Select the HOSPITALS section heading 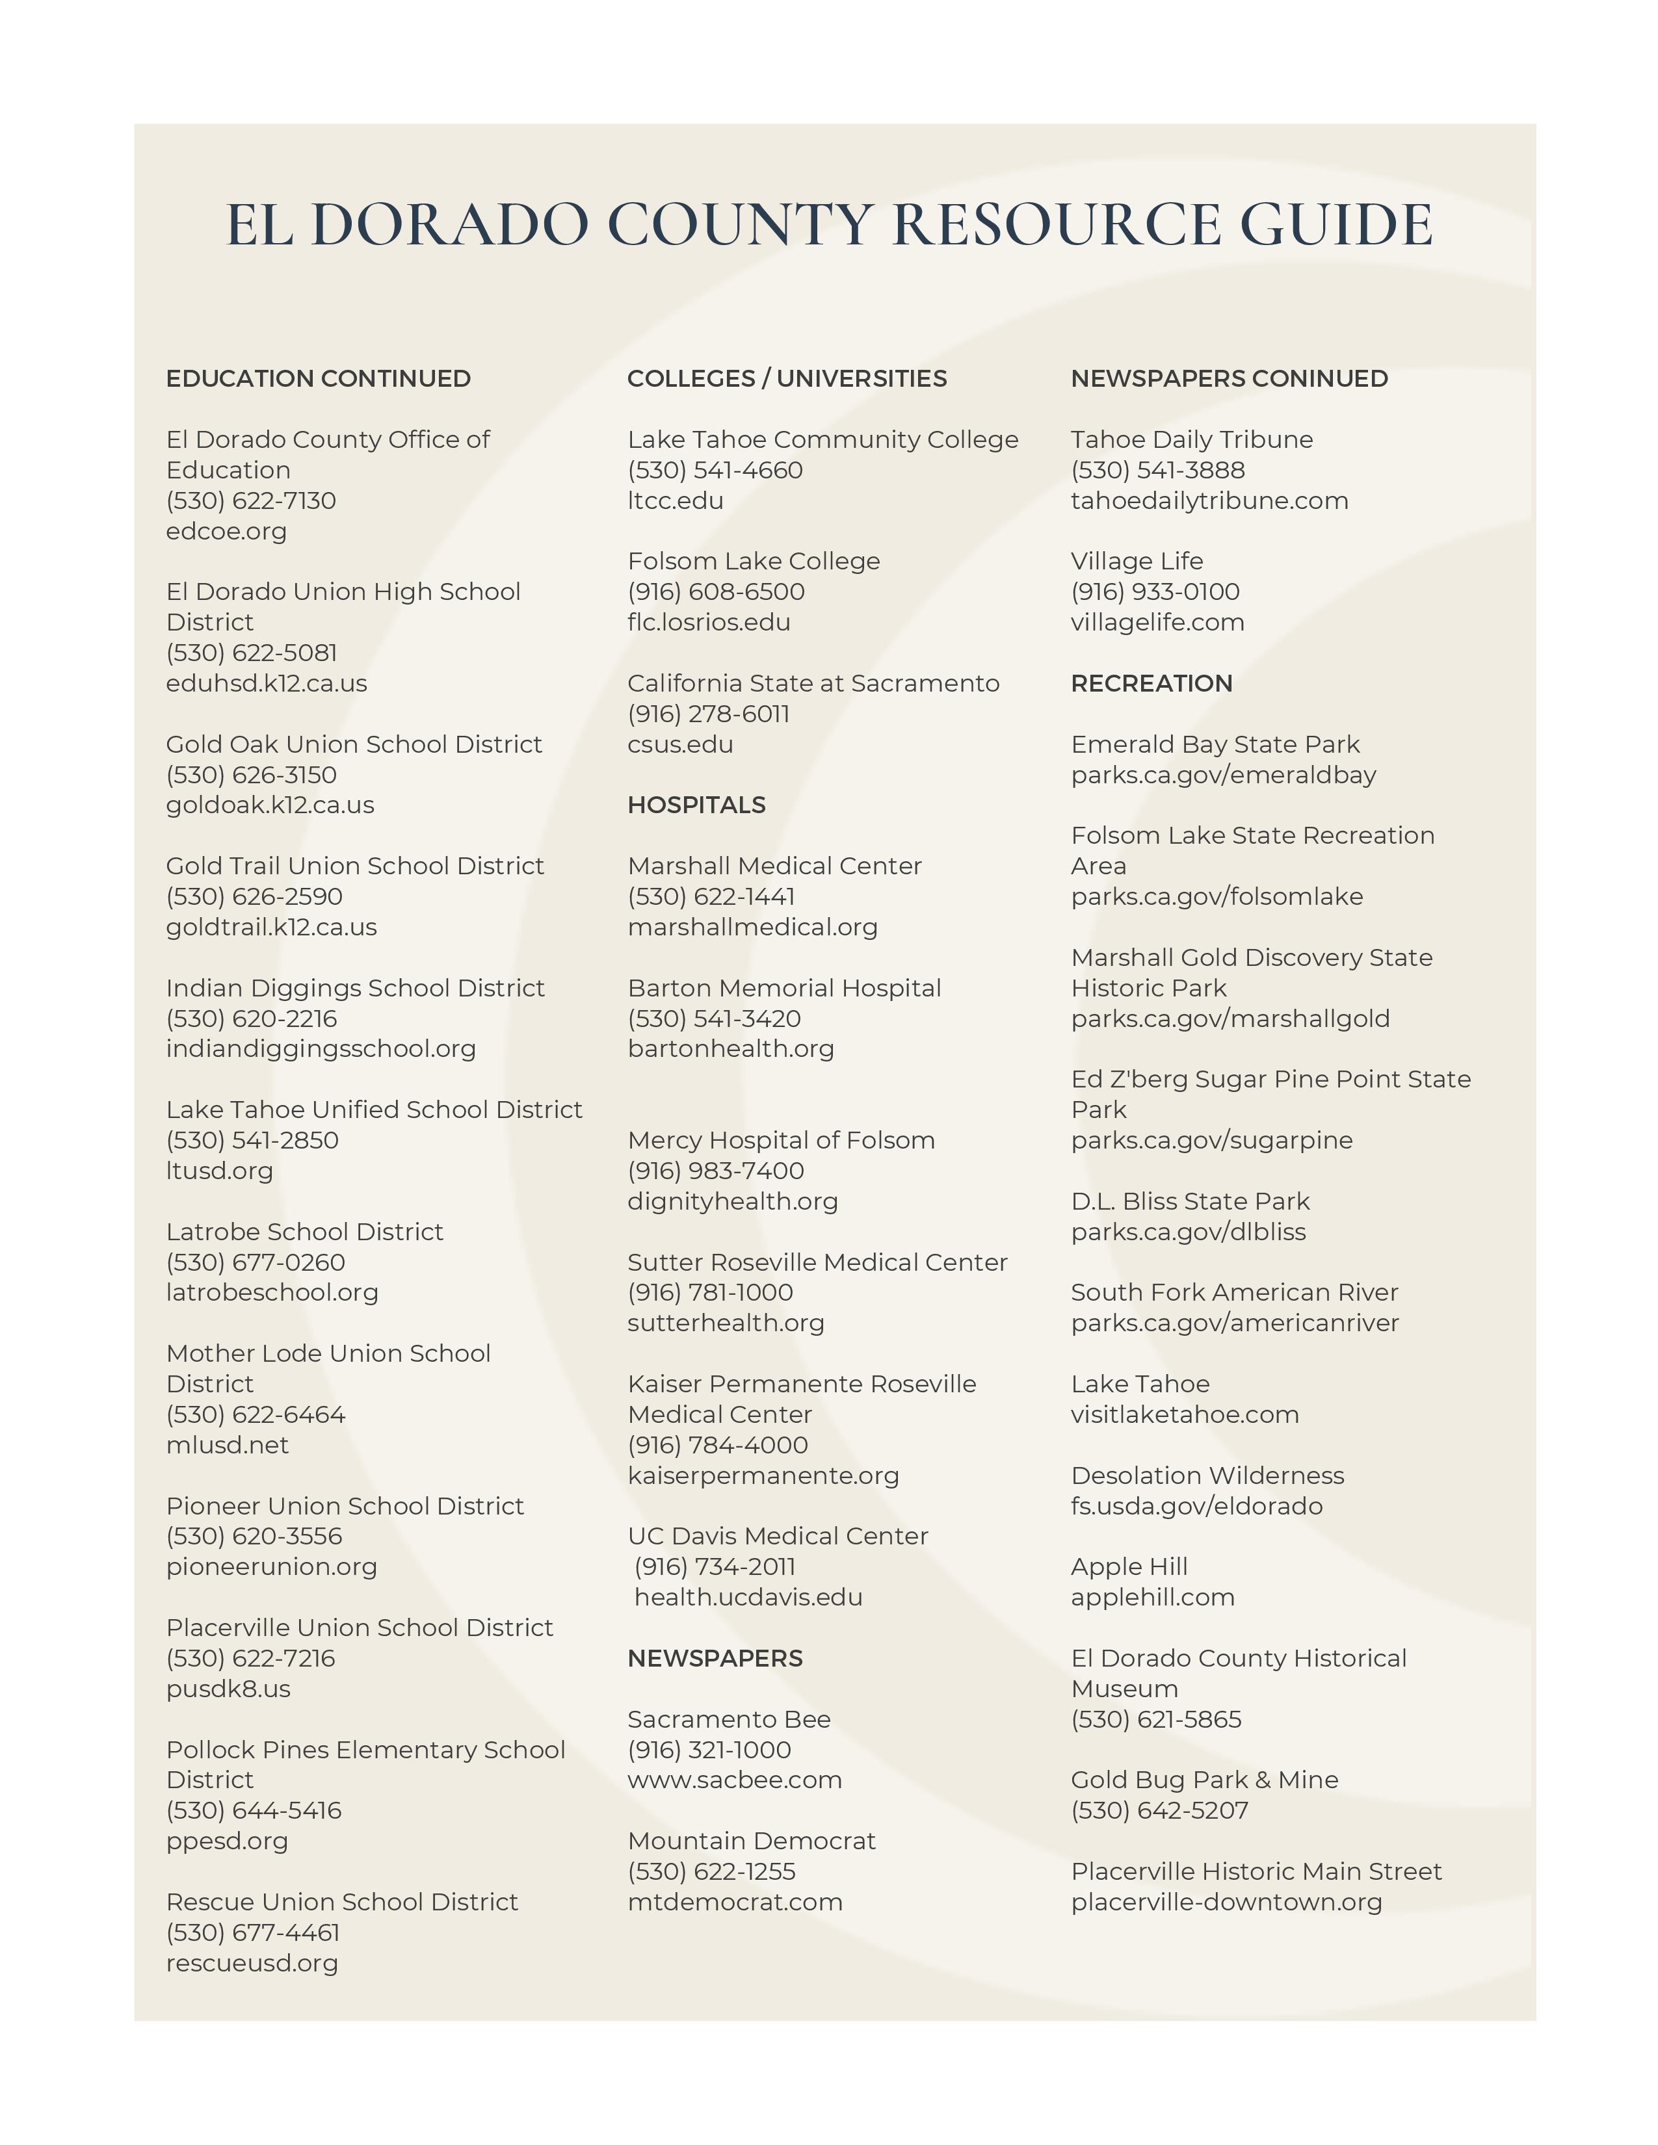696,805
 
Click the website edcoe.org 226,530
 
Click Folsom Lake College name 754,561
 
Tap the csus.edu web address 679,744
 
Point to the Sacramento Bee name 729,1719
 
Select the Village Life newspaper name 1137,561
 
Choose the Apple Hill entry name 1129,1566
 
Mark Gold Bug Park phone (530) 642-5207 1159,1810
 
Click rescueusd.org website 252,1962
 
